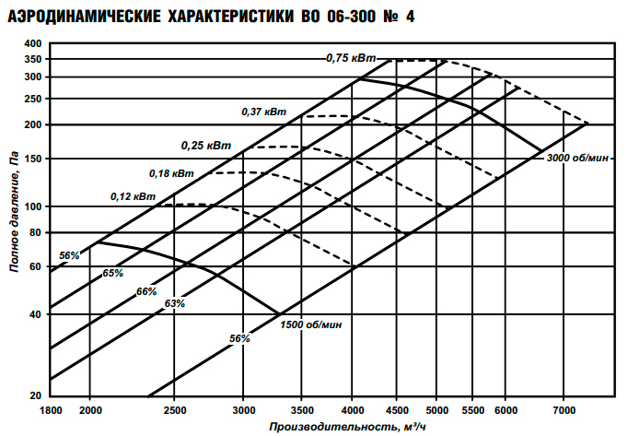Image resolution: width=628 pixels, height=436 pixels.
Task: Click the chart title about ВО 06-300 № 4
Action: [x=211, y=16]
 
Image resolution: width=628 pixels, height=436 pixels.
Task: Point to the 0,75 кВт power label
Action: [x=351, y=58]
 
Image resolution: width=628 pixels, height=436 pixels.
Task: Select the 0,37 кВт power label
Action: [x=264, y=112]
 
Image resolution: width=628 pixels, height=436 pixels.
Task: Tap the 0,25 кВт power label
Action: [x=205, y=146]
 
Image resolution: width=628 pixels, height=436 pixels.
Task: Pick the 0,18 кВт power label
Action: [x=171, y=173]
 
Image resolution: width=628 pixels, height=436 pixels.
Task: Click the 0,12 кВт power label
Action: [x=133, y=196]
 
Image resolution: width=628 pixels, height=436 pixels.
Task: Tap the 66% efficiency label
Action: [x=146, y=291]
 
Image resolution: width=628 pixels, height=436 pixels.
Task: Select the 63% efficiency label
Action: [x=175, y=303]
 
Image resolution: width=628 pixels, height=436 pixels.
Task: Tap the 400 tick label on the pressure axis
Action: [x=34, y=43]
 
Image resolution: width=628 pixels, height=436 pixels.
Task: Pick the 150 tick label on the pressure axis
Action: [x=34, y=159]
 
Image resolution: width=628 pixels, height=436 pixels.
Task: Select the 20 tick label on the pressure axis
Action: [x=37, y=395]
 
